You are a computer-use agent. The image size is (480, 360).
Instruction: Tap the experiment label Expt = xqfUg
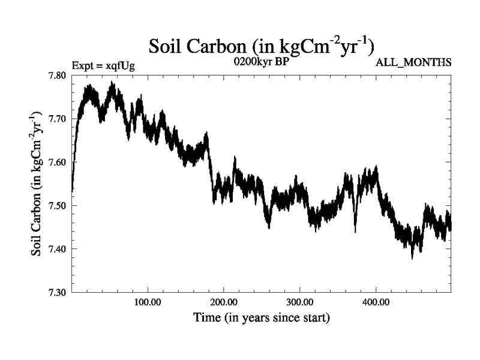point(103,65)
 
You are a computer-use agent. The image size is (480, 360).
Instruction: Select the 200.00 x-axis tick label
point(223,302)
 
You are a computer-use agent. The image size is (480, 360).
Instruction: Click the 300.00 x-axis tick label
point(299,302)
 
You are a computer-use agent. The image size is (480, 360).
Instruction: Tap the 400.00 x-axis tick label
point(375,302)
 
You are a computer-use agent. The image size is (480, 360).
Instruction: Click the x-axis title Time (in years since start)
point(261,318)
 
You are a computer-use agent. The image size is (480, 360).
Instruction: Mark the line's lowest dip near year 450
point(412,257)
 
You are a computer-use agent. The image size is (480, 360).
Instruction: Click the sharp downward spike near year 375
point(355,231)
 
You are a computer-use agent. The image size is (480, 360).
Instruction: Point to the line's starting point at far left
point(72,190)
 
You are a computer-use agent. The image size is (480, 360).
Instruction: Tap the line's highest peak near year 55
point(112,83)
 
